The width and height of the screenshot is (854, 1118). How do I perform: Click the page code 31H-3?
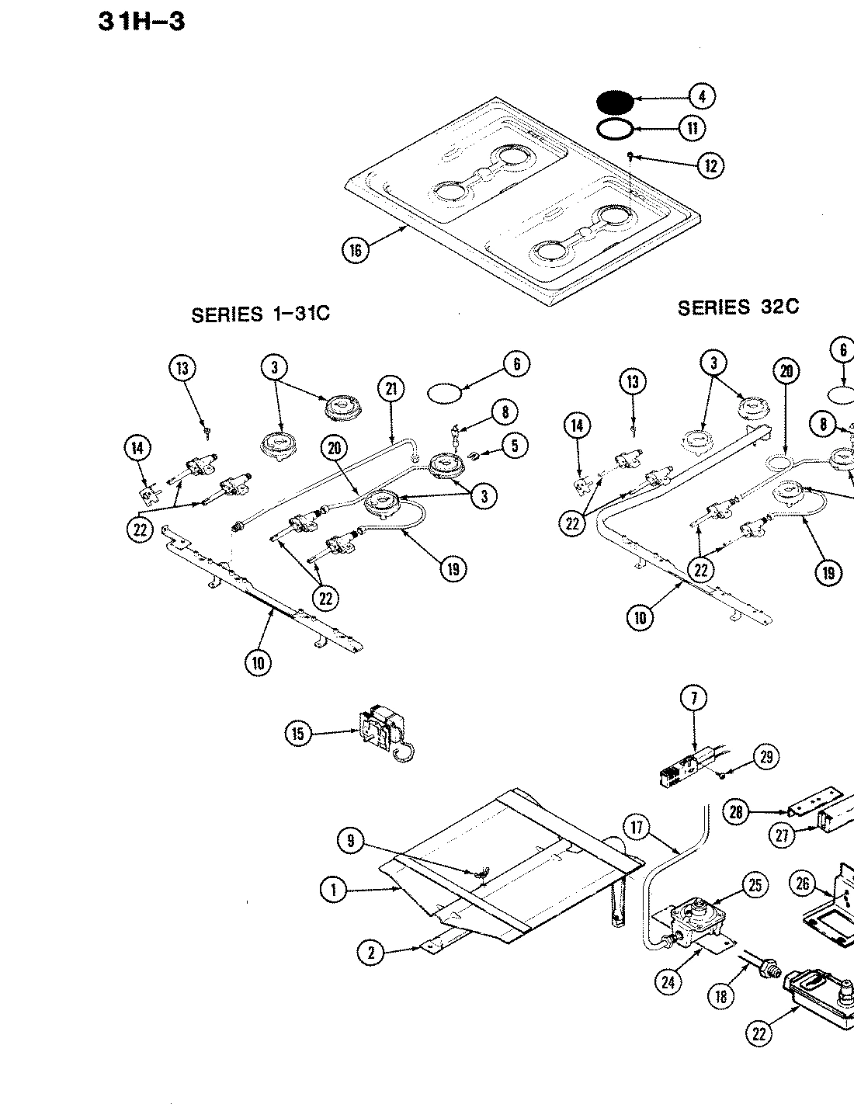[141, 21]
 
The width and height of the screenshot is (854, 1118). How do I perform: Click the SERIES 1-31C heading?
[260, 315]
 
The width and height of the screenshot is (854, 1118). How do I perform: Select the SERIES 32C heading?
[738, 307]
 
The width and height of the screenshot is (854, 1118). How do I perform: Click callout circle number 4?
[701, 96]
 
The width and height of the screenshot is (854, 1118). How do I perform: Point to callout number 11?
[692, 128]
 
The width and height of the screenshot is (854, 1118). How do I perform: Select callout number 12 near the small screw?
[710, 165]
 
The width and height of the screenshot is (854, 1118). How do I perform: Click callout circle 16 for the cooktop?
[356, 250]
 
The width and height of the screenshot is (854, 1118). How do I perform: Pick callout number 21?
[391, 388]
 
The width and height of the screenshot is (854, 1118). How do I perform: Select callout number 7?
[693, 698]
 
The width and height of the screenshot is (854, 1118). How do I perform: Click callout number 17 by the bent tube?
[637, 828]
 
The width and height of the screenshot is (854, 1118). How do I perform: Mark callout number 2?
[371, 952]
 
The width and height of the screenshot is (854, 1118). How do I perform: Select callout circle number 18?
[722, 995]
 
